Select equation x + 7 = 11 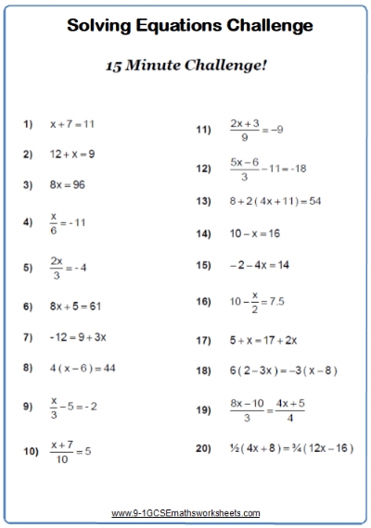72,122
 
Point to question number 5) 28,267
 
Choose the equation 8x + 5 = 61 75,305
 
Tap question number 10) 31,451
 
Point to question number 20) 203,447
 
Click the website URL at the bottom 185,512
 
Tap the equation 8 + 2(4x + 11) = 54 275,200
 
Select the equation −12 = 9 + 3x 78,336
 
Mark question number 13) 203,200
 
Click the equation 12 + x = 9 72,153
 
